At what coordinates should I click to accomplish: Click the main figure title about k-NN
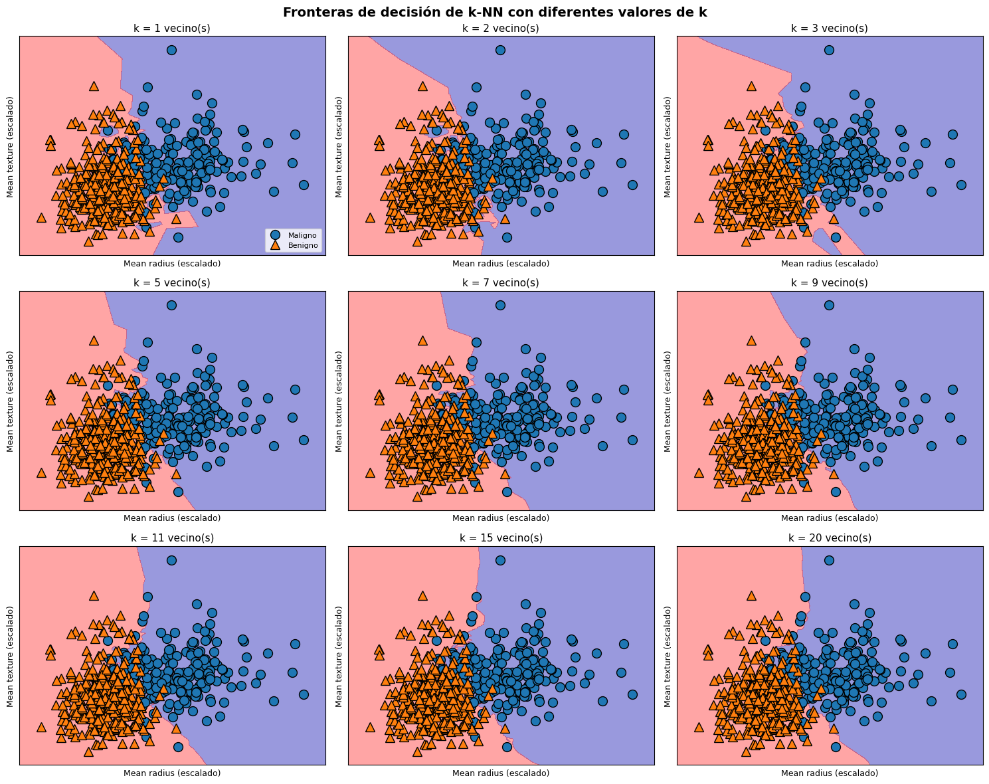(x=494, y=12)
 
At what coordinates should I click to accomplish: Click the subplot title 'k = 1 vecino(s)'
(x=172, y=29)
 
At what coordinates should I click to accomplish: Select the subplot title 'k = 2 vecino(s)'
(x=501, y=29)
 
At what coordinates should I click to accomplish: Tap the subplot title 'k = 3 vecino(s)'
(x=830, y=29)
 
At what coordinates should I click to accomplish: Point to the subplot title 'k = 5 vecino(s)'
(x=172, y=283)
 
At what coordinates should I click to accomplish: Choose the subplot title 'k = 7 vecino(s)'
(x=501, y=283)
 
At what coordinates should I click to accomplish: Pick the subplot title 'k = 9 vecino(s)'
(x=830, y=283)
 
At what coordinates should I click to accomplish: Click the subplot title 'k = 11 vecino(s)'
(x=172, y=538)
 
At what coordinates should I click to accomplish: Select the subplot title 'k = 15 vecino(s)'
(x=501, y=538)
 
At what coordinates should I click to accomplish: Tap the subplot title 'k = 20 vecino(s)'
(x=830, y=538)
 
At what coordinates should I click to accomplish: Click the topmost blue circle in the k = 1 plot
(x=171, y=50)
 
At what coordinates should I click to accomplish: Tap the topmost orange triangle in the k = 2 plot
(x=422, y=86)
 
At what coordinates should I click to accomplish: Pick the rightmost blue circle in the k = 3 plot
(x=961, y=185)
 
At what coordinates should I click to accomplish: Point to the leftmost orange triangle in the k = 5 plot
(x=41, y=472)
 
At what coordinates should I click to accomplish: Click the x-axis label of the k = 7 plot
(x=501, y=518)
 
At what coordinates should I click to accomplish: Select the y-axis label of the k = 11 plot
(x=11, y=656)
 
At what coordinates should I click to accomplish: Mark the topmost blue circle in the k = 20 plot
(x=829, y=560)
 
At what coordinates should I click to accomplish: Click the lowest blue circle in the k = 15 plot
(x=507, y=747)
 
